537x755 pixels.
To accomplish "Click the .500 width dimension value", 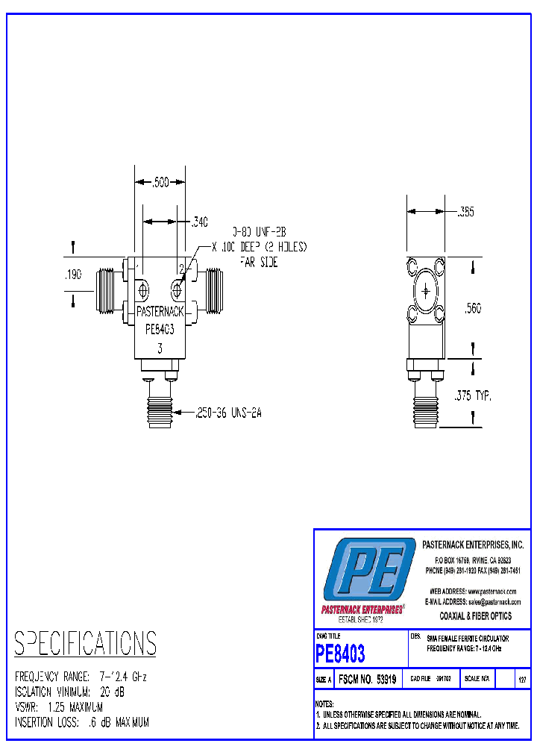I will click(x=159, y=182).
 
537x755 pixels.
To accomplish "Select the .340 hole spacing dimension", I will click(x=200, y=222).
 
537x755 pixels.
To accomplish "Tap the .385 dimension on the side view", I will click(x=465, y=213).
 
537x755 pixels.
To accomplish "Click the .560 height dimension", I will click(x=474, y=307).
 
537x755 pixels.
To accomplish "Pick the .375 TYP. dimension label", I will click(x=474, y=396).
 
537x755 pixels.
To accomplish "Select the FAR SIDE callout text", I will click(x=258, y=262).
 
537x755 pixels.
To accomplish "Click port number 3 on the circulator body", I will click(x=159, y=348).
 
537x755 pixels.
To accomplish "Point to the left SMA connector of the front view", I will click(x=109, y=291).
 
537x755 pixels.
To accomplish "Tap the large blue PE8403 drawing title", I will click(x=341, y=654).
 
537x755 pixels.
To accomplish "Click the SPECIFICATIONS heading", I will click(x=86, y=643).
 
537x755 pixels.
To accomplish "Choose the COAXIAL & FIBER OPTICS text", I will click(x=476, y=616).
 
